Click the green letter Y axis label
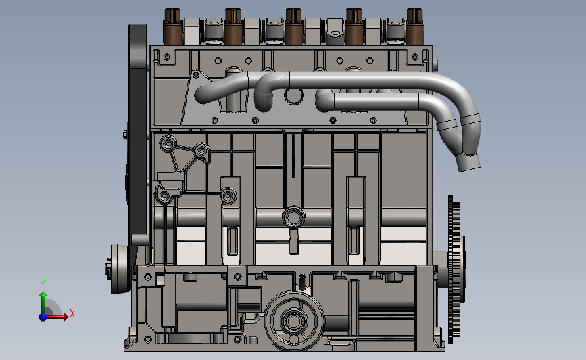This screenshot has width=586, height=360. pos(43,284)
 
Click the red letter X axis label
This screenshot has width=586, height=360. pos(72,313)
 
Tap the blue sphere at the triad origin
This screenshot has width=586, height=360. pos(43,317)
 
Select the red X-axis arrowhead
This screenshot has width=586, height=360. pos(66,317)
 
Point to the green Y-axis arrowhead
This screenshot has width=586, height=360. pos(43,295)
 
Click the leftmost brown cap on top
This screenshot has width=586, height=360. pos(172,26)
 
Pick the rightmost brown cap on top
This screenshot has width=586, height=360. pos(414,26)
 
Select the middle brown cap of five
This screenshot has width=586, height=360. pos(293,26)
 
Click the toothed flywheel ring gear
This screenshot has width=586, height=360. pos(454,269)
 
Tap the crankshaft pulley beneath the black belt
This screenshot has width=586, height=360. pos(119,269)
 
